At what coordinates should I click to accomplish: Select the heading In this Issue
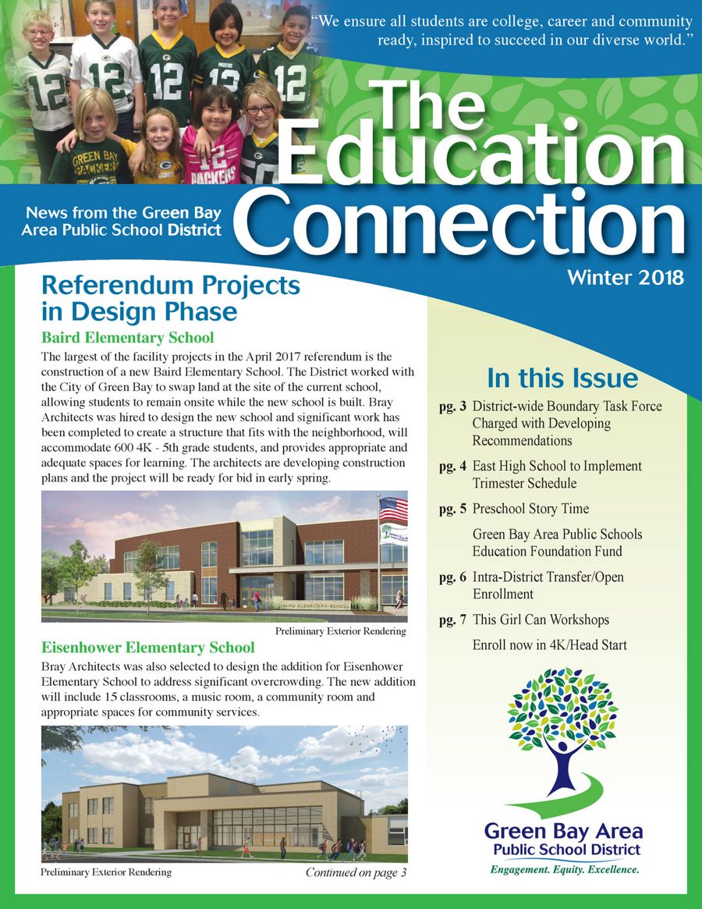562,378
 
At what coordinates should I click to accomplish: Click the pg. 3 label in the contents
453,407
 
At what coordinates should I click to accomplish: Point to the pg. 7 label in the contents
453,620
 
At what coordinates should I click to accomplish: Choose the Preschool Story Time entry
530,509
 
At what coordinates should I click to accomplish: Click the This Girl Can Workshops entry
541,620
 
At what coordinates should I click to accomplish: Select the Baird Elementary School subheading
127,338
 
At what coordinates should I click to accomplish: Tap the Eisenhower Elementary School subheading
147,648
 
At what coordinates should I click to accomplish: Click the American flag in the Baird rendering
392,510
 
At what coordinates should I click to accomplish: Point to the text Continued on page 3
356,872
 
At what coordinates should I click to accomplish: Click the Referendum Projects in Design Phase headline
170,298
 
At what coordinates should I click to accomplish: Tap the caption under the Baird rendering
341,630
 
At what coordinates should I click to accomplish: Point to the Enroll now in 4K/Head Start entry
549,644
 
